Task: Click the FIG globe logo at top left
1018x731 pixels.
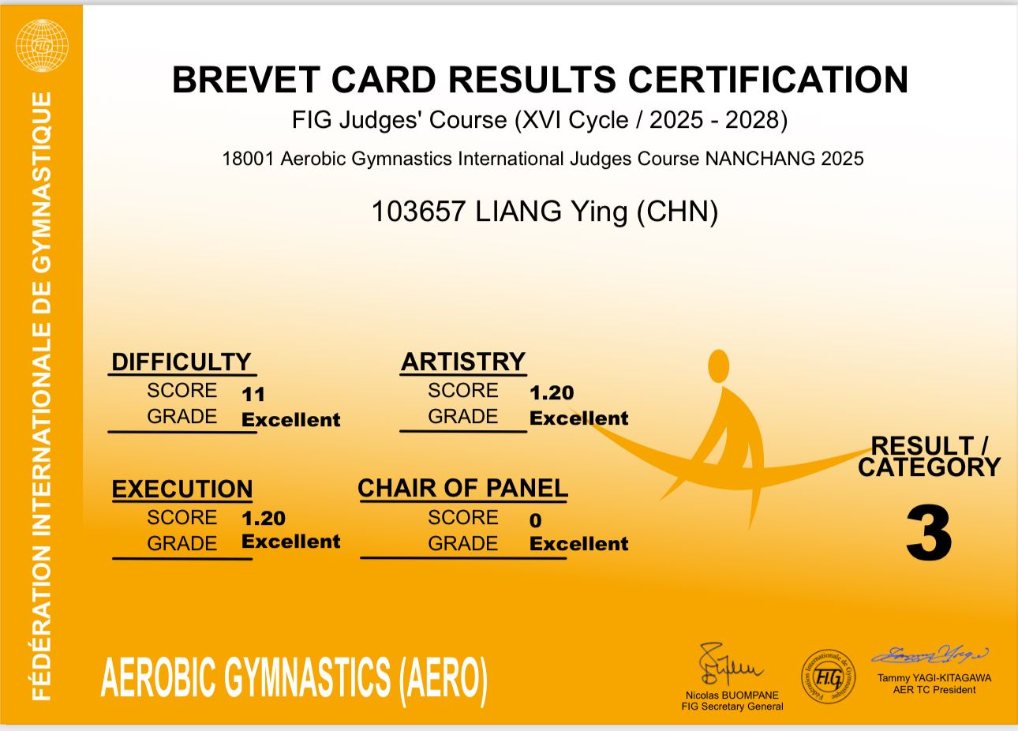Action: pos(42,46)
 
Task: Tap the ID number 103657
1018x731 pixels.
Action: pos(418,212)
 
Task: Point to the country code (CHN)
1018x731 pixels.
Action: pos(677,212)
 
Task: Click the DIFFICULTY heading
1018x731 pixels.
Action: pos(181,362)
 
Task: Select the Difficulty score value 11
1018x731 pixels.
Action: pos(253,394)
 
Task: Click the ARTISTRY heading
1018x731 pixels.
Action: pos(463,362)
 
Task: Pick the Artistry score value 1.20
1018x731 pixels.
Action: pos(552,392)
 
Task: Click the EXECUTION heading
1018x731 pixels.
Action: pos(182,489)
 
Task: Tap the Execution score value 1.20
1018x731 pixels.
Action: pos(264,519)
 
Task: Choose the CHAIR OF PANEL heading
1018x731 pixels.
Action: pos(463,488)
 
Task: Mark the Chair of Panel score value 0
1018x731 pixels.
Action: pos(536,520)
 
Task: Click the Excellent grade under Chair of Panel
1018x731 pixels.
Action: pos(579,544)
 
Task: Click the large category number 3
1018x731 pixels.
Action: pos(929,534)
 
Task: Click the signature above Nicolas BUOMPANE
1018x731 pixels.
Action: pos(729,665)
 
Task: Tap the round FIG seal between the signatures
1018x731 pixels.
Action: pos(828,677)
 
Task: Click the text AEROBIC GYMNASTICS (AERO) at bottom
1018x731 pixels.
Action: pos(294,677)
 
